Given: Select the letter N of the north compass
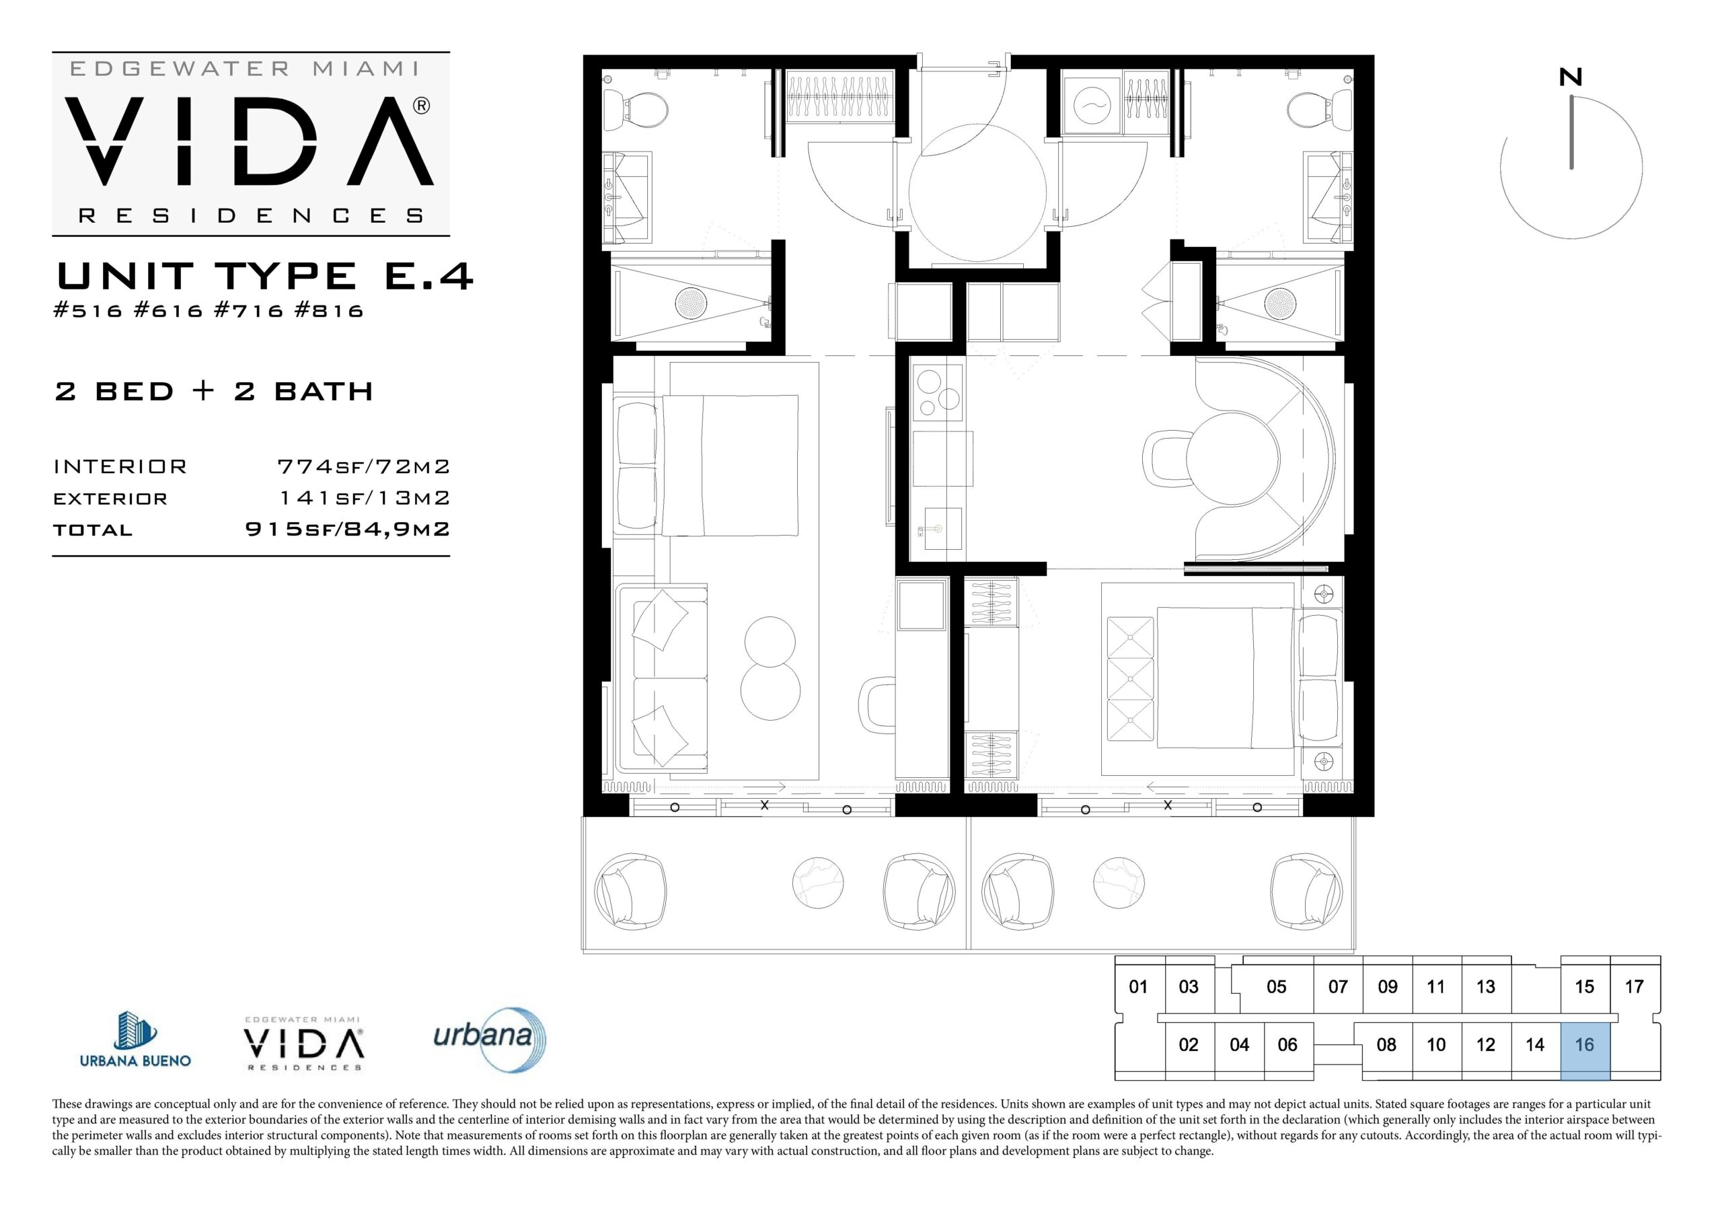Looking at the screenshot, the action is click(1571, 77).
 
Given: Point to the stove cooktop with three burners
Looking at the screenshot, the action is click(938, 392).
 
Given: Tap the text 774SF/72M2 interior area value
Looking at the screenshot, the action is click(364, 467).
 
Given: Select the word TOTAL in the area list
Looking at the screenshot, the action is click(93, 530).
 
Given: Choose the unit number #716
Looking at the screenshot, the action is click(248, 311).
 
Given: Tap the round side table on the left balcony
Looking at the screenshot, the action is click(817, 884).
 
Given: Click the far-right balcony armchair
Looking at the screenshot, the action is click(1306, 892).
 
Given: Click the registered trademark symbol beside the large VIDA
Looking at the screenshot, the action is click(422, 106).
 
